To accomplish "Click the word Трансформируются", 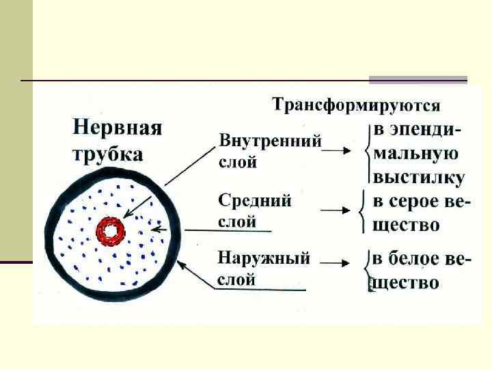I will point(356,106).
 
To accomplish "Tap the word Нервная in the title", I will point(117,128).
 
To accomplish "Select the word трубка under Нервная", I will point(107,153).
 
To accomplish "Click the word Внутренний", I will point(270,142).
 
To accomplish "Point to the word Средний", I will point(255,201).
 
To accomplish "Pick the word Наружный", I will point(264,259).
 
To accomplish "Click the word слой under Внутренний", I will point(237,163).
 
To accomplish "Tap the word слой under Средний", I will point(237,222).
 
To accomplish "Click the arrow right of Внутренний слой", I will point(337,152).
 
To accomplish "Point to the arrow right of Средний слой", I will point(336,210).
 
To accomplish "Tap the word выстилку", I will point(418,178).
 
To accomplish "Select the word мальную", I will point(415,154).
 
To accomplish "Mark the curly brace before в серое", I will point(363,211).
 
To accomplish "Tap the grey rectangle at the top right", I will point(418,80).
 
